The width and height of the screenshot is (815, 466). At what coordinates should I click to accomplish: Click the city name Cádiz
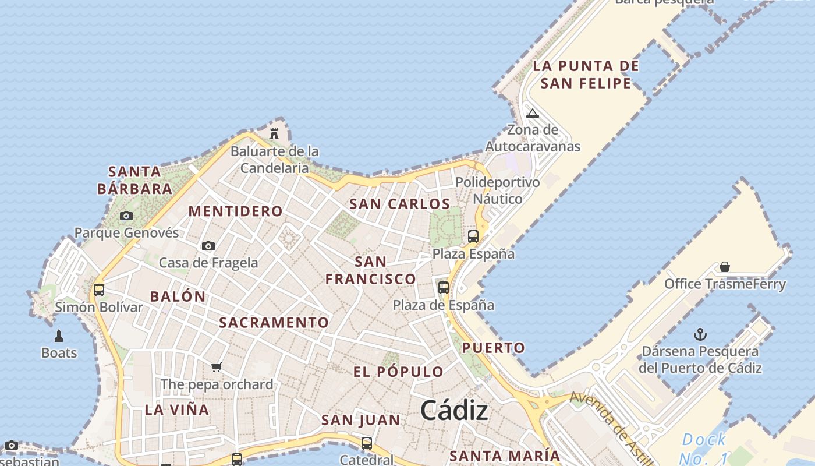pos(454,411)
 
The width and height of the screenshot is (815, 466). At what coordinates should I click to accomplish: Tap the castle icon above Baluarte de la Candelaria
pos(274,134)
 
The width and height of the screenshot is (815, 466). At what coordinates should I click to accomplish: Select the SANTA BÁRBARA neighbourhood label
pos(135,180)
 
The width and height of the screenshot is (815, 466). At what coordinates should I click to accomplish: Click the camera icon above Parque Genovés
pos(126,216)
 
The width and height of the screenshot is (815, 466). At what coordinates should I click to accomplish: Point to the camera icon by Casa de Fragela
pos(208,246)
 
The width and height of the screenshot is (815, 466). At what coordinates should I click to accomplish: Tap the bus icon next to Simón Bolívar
pos(99,290)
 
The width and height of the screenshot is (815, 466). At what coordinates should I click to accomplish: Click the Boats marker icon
pos(59,336)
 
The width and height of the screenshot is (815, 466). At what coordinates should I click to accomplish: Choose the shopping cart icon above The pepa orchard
pos(217,367)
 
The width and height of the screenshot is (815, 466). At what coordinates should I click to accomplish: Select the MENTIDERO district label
pos(236,211)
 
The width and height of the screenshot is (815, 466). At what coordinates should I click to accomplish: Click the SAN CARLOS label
pos(399,204)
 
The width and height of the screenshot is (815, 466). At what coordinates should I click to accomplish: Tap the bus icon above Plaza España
pos(473,236)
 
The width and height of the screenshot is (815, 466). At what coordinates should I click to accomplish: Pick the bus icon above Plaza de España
pos(444,288)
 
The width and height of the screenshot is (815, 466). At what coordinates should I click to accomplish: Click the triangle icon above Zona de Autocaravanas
pos(532,113)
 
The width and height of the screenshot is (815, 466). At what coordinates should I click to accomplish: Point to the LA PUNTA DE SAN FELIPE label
pos(586,75)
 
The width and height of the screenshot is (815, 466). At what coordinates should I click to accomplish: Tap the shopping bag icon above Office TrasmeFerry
pos(725,267)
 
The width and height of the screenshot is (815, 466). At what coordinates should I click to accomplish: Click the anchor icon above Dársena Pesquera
pos(700,334)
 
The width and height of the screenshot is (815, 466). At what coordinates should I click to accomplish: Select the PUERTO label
pos(494,348)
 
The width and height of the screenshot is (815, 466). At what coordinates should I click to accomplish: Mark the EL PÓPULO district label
pos(398,372)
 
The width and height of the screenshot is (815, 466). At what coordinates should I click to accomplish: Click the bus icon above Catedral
pos(367,443)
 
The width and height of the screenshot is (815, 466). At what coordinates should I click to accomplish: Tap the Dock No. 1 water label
pos(704,447)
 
